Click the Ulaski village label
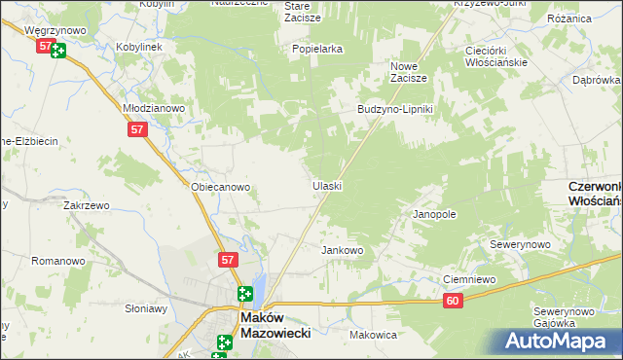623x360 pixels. [x=326, y=185]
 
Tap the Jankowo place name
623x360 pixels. [x=342, y=250]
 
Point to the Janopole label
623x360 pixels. [x=434, y=213]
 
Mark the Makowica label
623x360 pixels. [x=373, y=334]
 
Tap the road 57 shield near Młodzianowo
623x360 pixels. [x=135, y=128]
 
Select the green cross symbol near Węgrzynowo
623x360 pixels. [x=58, y=51]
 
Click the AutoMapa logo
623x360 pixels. [x=555, y=341]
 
